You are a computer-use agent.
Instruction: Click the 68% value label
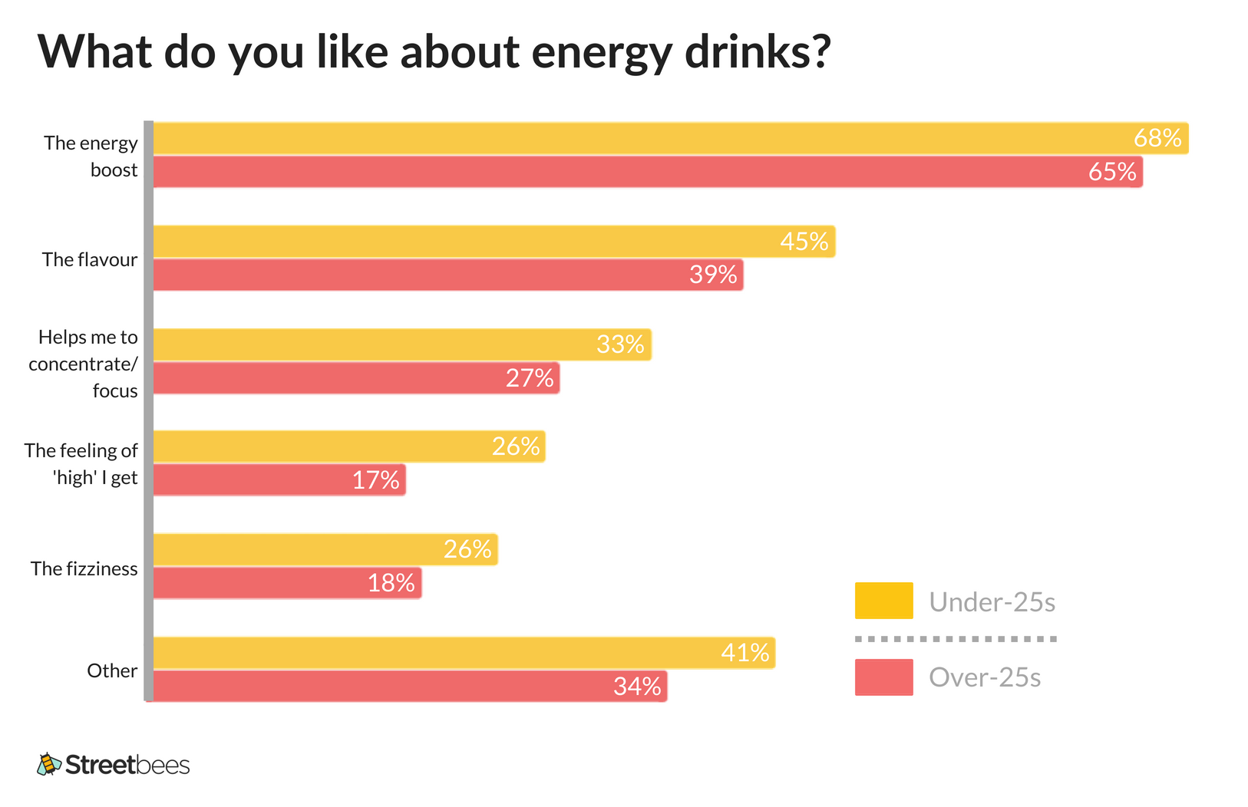coord(1157,138)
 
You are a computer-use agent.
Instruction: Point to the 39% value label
coord(713,275)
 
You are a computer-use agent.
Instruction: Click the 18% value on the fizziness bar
coord(391,583)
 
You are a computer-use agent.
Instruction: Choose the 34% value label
coord(637,686)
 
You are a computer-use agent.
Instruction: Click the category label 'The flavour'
coord(90,259)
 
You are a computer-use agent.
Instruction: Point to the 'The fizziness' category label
coord(84,568)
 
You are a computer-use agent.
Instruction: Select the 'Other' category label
coord(112,670)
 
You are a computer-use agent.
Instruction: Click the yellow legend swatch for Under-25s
coord(883,601)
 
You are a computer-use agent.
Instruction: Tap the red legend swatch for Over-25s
coord(883,677)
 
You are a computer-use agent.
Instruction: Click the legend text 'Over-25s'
coord(985,677)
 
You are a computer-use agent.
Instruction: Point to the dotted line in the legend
coord(956,638)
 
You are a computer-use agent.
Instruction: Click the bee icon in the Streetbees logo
coord(49,764)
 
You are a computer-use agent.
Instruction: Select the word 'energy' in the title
coord(602,52)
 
